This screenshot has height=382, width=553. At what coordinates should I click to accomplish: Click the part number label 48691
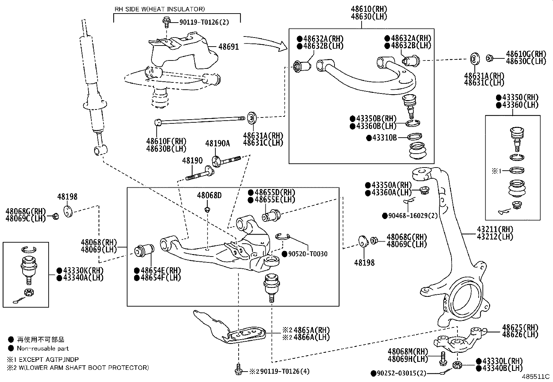229,47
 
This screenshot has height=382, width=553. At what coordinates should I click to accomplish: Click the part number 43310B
384,138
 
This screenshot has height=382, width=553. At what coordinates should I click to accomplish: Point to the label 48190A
217,143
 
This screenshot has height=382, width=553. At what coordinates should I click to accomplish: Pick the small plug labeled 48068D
207,209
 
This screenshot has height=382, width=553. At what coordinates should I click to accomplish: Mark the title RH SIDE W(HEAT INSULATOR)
160,9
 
